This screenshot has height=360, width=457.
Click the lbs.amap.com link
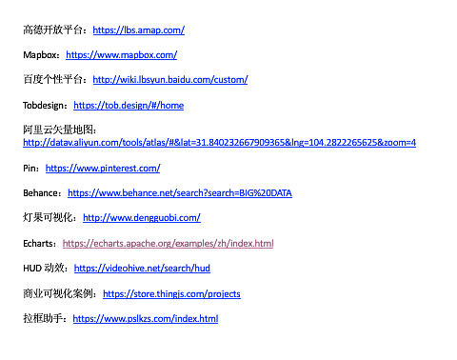pos(139,30)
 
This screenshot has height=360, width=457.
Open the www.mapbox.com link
pos(122,55)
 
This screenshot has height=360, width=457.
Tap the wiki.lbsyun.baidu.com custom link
pos(170,80)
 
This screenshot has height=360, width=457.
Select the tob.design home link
pos(129,106)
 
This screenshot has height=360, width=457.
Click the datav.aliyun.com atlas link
pos(219,143)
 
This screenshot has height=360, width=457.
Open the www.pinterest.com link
pos(103,169)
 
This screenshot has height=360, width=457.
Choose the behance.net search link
pos(180,193)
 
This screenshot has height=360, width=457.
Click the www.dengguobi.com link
pos(142,218)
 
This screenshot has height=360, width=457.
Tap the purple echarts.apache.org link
pos(168,244)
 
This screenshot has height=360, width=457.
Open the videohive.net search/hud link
pos(142,269)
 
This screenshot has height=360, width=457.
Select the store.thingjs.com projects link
pos(171,294)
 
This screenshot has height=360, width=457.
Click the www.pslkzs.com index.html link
pos(146,319)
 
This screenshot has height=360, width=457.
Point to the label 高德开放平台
pos(53,30)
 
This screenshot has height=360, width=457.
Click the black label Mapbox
pos(40,55)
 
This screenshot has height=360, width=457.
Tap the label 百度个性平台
pos(53,79)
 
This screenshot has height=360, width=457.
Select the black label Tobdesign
pos(43,106)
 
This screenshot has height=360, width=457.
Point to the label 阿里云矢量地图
pos(58,130)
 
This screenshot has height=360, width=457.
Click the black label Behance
pos(40,193)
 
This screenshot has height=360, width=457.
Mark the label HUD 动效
pos(44,269)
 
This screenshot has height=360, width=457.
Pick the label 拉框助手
pos(43,318)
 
